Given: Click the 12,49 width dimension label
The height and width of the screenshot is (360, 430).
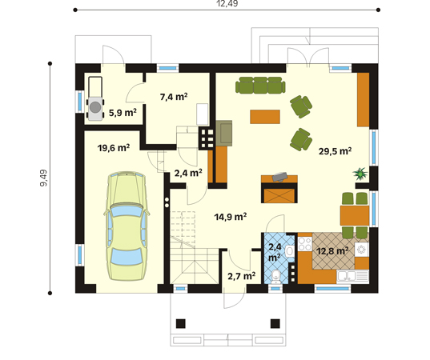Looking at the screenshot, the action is coord(227,3).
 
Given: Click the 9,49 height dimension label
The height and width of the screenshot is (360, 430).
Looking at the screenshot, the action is coord(43,178).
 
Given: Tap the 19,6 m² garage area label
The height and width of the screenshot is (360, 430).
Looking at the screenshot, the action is coord(114,148).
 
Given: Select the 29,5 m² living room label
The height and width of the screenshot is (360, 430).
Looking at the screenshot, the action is coord(336,151).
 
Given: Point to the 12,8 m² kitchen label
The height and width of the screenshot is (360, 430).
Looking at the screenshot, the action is coord(332,250).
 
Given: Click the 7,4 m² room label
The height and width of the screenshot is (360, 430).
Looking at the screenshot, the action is coord(174,97).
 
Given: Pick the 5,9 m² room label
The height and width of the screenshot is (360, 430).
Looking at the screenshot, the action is coord(123,112).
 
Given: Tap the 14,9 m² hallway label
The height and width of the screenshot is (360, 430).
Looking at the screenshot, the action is coord(231,217).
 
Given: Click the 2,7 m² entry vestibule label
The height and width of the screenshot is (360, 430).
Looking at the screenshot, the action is coord(242,276).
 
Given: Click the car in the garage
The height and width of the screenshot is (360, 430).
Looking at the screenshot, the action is coord(127,226).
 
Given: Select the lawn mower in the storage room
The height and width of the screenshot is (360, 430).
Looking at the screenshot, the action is coord(95,98).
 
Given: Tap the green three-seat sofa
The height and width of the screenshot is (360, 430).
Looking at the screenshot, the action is coord(260,86).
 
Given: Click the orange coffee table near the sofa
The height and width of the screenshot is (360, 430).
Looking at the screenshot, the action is coord(265,117).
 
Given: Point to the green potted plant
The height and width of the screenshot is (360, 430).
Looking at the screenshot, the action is coord(360,174).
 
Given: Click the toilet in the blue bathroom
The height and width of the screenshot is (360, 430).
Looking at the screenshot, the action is coord(275,276).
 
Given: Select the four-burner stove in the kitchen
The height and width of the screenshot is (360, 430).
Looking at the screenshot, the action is coord(305,243).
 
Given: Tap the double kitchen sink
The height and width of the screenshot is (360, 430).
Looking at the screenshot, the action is coord(352,276).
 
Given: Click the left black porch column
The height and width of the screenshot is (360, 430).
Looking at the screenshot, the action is coord(180,323).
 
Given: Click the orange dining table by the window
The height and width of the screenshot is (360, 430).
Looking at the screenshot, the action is coord(355,216).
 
